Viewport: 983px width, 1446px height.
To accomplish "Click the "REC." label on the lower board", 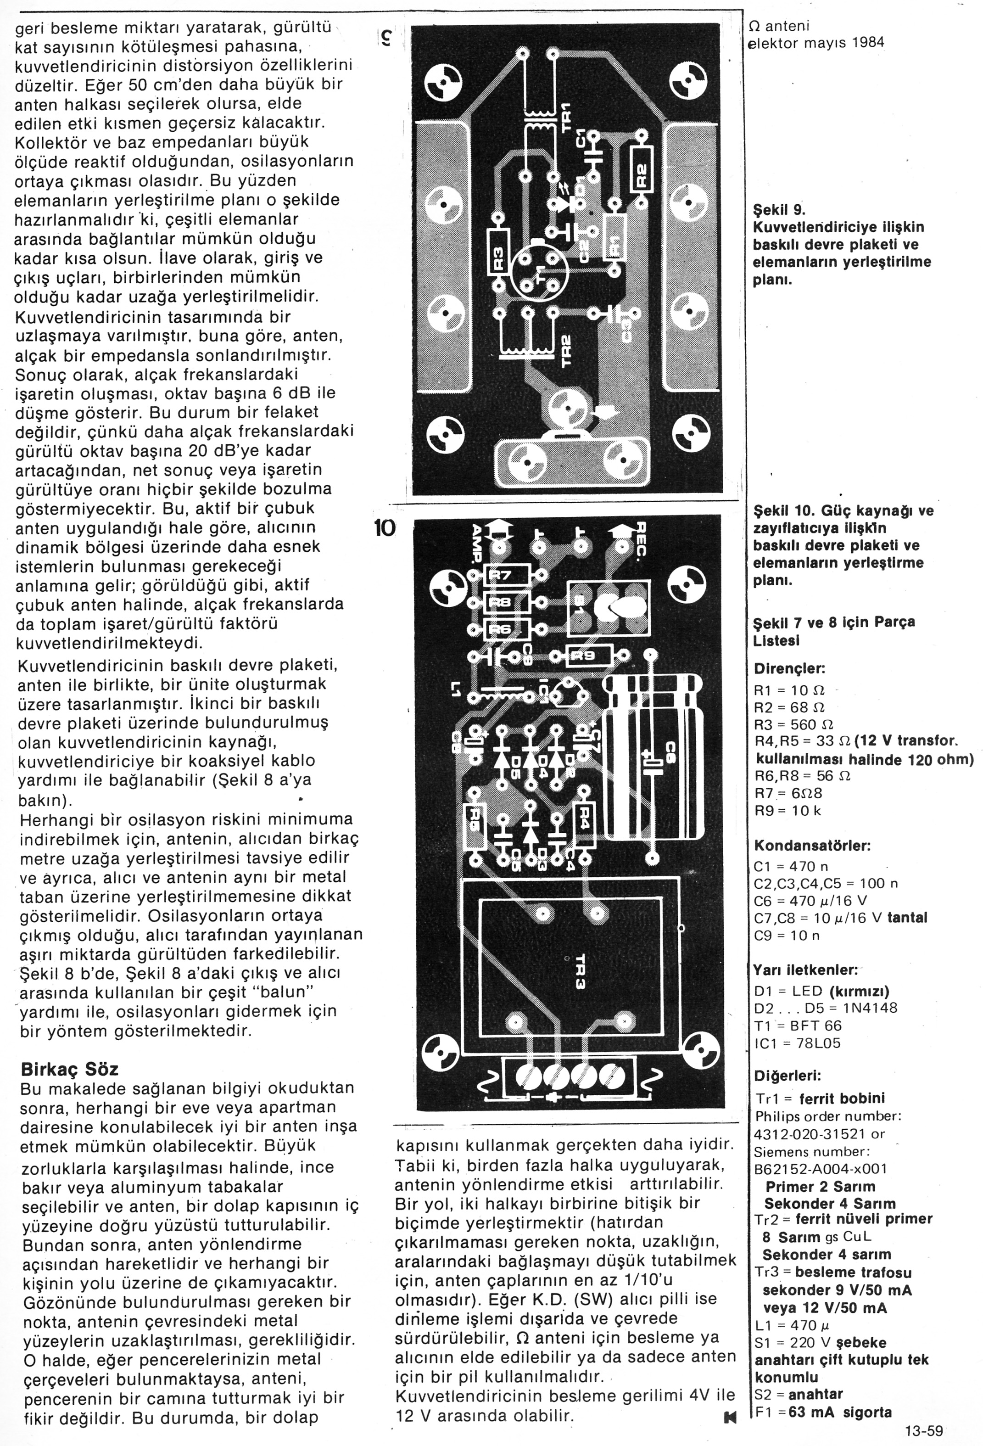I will point(641,538).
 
